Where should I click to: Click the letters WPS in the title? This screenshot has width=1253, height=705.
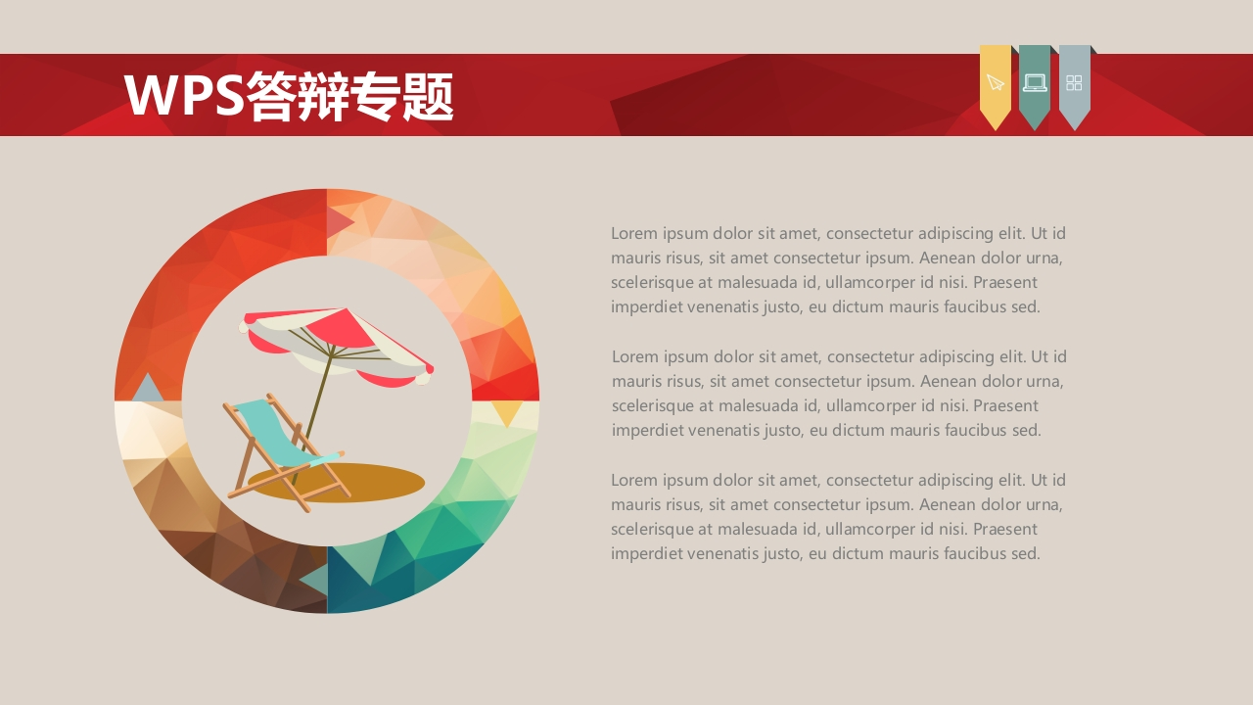coord(184,95)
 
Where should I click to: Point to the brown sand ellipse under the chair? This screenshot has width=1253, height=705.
coord(336,483)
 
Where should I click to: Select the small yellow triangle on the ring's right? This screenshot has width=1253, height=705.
coord(506,411)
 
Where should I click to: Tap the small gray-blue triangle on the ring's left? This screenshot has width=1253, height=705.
coord(147,389)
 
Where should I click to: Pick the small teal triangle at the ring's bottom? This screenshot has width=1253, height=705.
coord(316,579)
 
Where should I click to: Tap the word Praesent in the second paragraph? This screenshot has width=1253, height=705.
coord(1005,405)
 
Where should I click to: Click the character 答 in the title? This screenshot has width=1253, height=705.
coord(272,96)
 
